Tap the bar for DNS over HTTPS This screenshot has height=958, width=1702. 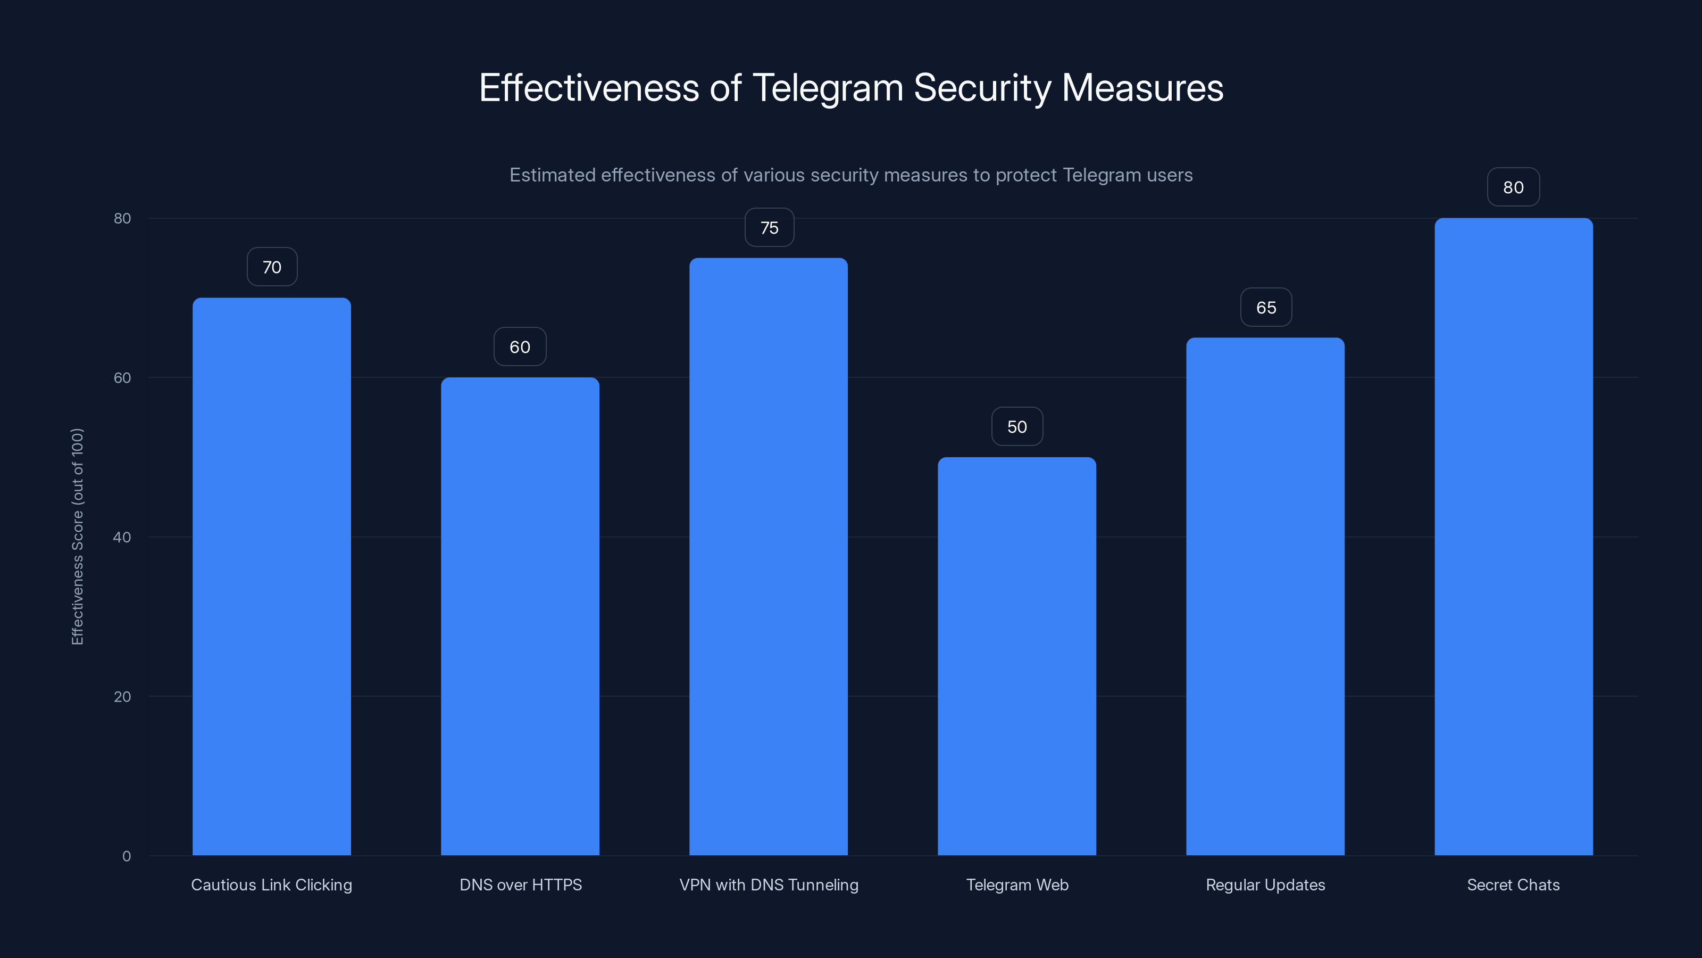click(x=520, y=616)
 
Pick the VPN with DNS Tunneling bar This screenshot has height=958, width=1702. click(x=769, y=556)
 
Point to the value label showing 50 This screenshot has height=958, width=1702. click(x=1017, y=426)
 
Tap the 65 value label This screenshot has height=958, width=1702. click(x=1265, y=308)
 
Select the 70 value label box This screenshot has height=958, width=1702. click(x=272, y=267)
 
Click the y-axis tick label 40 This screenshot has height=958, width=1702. click(x=122, y=537)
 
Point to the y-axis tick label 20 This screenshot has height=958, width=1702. click(x=122, y=696)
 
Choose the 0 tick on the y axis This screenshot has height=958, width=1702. click(x=126, y=856)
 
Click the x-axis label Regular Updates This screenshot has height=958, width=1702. click(x=1265, y=885)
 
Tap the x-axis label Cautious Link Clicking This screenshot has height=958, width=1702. click(x=272, y=885)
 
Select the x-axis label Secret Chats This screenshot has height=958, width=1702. click(x=1513, y=885)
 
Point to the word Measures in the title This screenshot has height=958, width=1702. click(x=1142, y=88)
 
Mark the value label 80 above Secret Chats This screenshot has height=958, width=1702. click(x=1513, y=187)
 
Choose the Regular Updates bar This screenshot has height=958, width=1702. click(x=1265, y=596)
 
